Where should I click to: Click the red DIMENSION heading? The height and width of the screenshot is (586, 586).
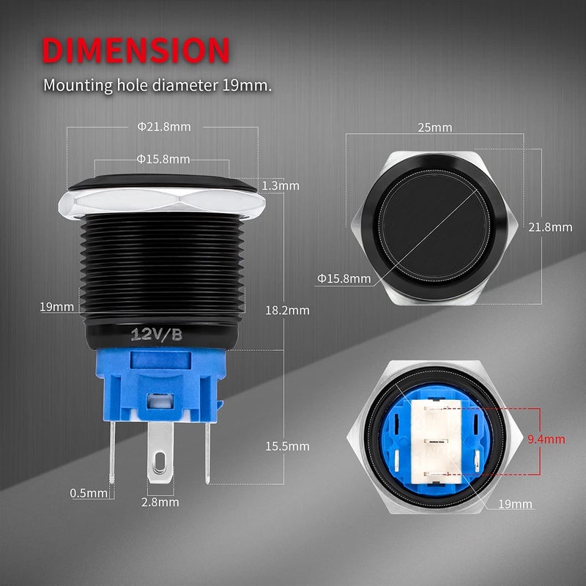click(136, 50)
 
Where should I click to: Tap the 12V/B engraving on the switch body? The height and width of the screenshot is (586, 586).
click(156, 334)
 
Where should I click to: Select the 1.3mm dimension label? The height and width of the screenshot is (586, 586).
click(281, 186)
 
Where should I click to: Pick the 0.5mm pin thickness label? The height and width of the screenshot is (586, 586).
click(89, 493)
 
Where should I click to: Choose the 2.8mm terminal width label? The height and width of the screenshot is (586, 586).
click(160, 502)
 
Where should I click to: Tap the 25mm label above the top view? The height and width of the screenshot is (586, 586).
click(434, 127)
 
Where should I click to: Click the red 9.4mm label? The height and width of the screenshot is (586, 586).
click(546, 439)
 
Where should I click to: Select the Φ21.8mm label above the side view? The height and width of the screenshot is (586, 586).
click(164, 127)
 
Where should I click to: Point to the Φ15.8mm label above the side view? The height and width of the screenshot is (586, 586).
click(163, 159)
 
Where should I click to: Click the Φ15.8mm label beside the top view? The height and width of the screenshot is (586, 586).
click(344, 278)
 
